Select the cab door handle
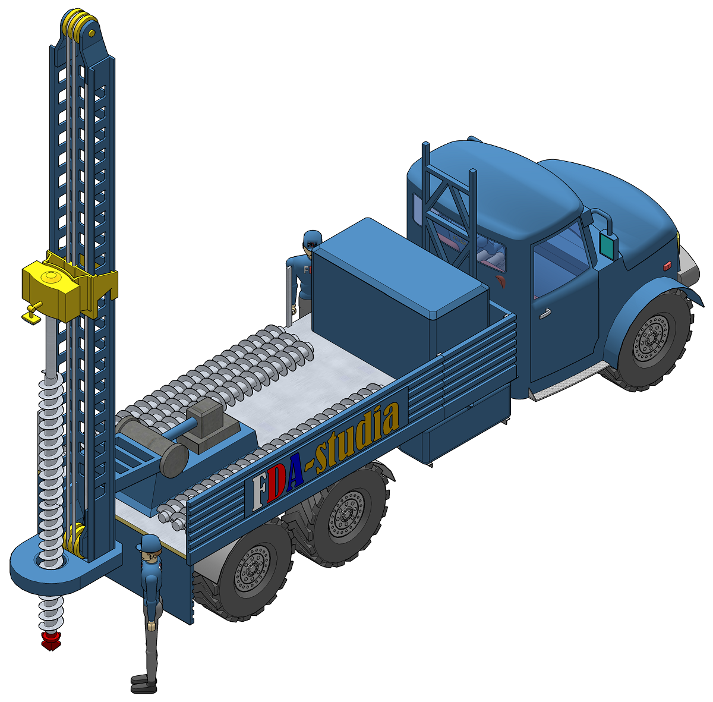click(545, 314)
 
